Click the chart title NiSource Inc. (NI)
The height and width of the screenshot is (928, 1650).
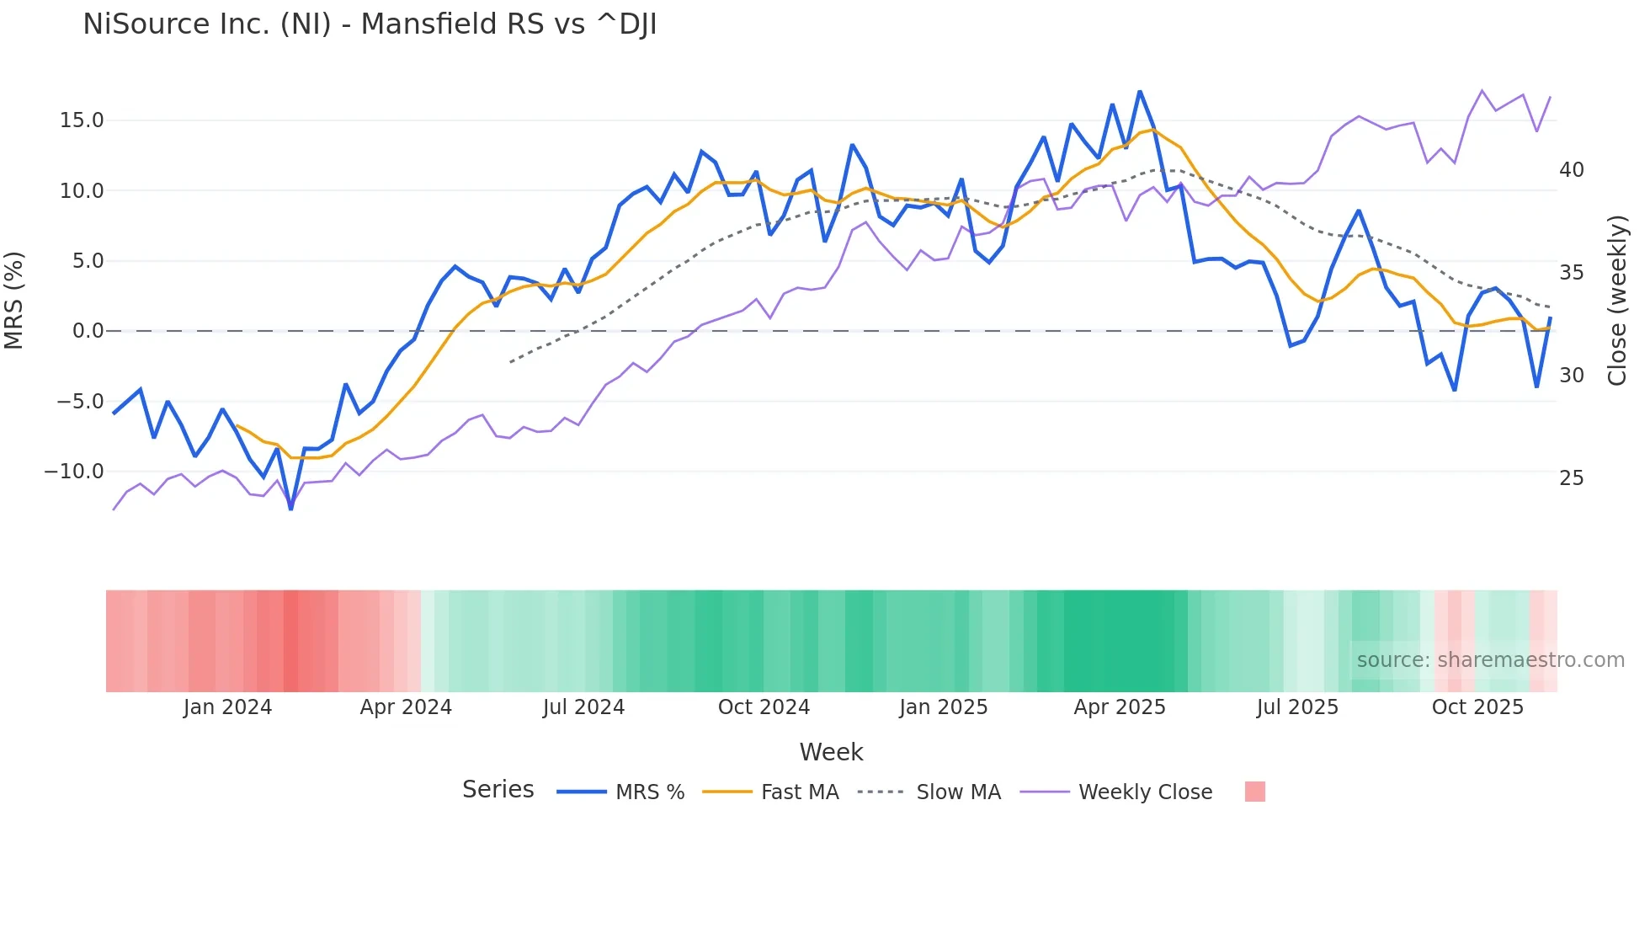tap(370, 24)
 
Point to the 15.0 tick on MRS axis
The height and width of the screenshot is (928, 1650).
tap(82, 120)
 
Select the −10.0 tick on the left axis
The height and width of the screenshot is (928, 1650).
tap(74, 472)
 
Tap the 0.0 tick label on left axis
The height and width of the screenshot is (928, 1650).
tap(88, 331)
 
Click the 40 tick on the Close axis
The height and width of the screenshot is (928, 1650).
tap(1571, 170)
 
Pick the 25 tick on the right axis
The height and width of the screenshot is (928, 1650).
tap(1571, 478)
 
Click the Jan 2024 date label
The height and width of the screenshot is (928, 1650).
tap(227, 707)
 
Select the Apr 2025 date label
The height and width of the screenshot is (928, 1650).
tap(1119, 707)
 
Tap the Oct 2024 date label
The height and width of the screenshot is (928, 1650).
tap(764, 707)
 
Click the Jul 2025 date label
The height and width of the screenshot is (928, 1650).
tap(1297, 707)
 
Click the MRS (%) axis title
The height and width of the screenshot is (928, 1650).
tap(14, 300)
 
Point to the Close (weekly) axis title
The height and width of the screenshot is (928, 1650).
tap(1616, 300)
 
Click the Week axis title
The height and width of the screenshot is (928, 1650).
tap(831, 752)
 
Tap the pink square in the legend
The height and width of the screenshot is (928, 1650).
tap(1254, 792)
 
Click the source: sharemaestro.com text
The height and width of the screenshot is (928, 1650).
tap(1490, 660)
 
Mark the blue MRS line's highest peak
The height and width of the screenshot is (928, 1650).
tap(1140, 91)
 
